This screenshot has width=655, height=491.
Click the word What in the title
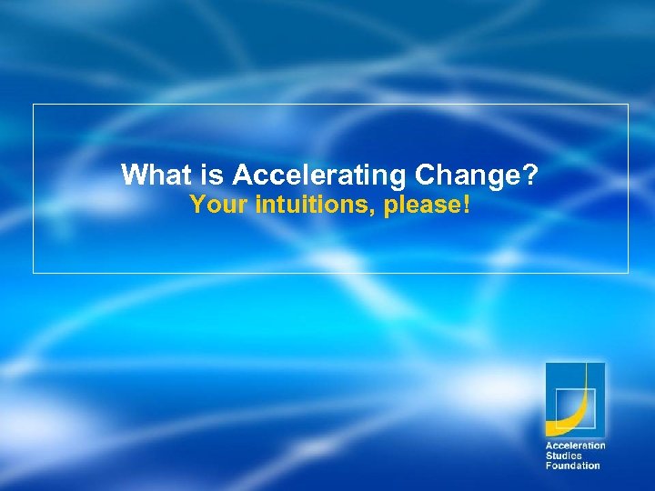pos(150,175)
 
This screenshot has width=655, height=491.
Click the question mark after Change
pos(530,175)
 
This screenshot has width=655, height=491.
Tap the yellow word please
pos(421,206)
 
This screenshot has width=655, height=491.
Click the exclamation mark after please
pos(467,205)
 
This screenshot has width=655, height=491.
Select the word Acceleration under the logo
pos(575,446)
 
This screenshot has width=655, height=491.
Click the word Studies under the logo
pos(563,456)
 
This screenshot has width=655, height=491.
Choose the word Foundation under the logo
pos(572,466)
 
